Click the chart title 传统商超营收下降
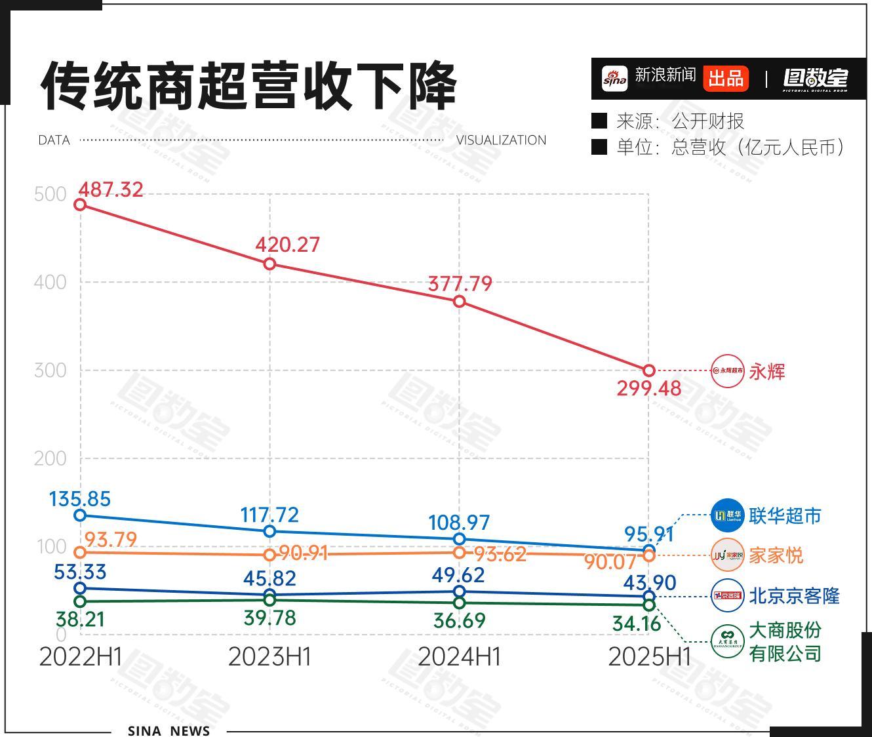(248, 86)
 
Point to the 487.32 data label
(110, 189)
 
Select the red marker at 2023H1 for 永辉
(269, 264)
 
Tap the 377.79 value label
(460, 283)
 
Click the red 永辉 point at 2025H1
(648, 370)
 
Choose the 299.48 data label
(648, 388)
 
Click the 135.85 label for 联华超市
(80, 499)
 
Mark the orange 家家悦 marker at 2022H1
(80, 552)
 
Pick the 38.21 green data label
(80, 619)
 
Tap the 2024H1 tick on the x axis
(459, 656)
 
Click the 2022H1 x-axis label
(80, 656)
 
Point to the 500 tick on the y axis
(50, 194)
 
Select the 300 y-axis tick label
(50, 370)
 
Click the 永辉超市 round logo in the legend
(728, 370)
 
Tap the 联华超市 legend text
(785, 516)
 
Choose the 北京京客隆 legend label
(794, 596)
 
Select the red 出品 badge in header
(726, 78)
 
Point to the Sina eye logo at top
(615, 78)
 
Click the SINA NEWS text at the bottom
(168, 730)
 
